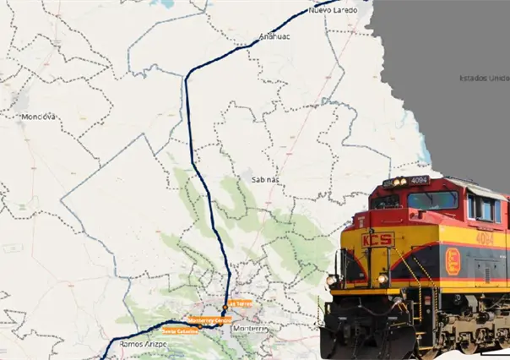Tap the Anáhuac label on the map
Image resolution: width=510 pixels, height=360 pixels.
tap(275, 38)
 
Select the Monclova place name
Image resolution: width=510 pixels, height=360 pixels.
tap(38, 116)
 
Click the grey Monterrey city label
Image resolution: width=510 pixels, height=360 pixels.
tap(252, 328)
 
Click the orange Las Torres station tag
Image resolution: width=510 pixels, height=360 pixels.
tap(240, 303)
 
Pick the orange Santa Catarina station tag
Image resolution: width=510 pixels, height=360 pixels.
tap(180, 331)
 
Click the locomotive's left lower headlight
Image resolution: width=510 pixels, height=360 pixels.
tap(333, 280)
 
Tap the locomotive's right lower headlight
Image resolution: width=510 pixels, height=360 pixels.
tap(384, 278)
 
